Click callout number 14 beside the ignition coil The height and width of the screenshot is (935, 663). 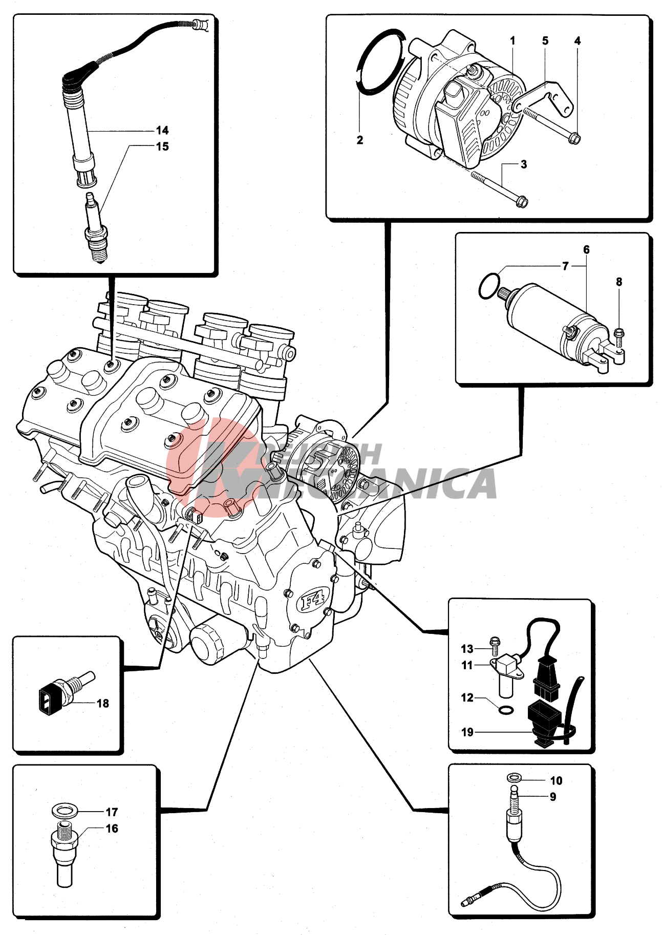[x=162, y=131]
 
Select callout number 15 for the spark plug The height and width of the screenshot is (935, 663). [x=162, y=147]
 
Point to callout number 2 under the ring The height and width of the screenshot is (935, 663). [x=360, y=140]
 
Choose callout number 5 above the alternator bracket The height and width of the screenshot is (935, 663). [x=545, y=41]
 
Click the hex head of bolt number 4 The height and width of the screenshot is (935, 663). [x=575, y=138]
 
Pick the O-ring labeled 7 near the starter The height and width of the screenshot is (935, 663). [x=489, y=285]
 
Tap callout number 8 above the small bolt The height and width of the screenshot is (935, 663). [x=619, y=282]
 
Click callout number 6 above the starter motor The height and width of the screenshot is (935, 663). [x=586, y=250]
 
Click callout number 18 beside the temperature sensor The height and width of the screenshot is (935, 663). [x=103, y=704]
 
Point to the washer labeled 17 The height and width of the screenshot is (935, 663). [x=65, y=811]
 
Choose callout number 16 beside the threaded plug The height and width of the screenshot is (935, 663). [x=112, y=828]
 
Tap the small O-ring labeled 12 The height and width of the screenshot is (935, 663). [x=506, y=710]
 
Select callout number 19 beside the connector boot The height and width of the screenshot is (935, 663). [x=467, y=732]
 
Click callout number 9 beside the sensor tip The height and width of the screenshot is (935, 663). [x=553, y=797]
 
